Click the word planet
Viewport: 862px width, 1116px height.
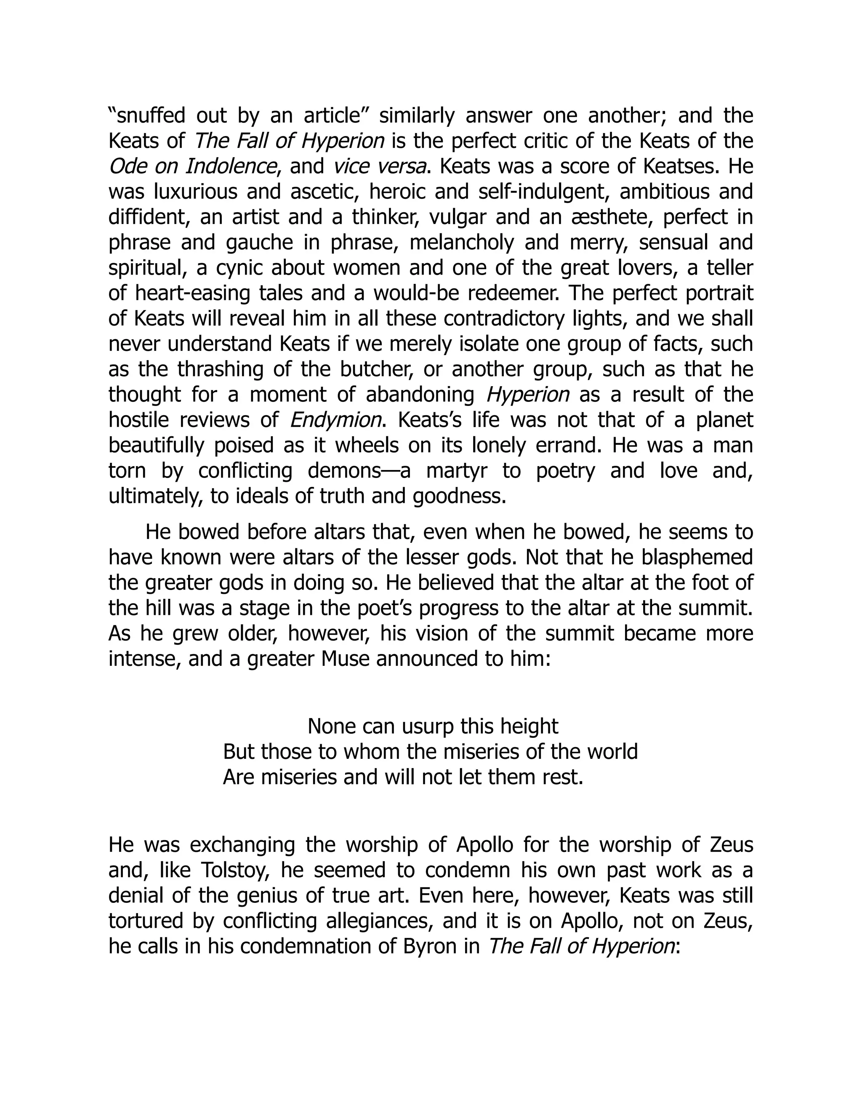(724, 420)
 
